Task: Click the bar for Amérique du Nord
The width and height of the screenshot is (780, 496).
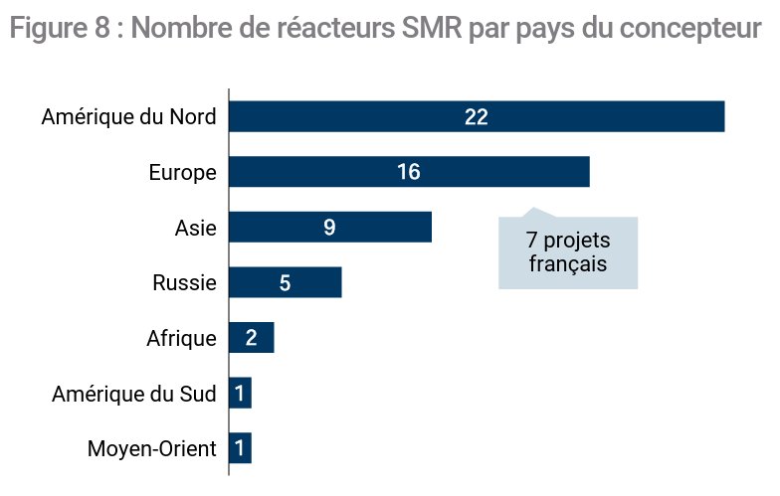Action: point(477,116)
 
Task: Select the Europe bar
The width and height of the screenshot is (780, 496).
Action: point(410,172)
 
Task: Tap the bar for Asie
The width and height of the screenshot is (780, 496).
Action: point(330,227)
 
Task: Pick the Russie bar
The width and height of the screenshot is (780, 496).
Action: point(286,282)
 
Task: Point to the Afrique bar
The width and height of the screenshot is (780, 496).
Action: point(252,338)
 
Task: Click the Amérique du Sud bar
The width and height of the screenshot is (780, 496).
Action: point(241,393)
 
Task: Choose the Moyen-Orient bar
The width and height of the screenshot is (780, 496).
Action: point(241,447)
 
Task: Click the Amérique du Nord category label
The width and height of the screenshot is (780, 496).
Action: point(129,117)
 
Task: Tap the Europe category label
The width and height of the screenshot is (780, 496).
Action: point(183,173)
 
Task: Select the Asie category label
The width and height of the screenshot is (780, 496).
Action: point(195,229)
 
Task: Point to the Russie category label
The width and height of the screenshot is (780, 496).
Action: point(185,282)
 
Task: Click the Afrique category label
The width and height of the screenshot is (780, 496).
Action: point(181,338)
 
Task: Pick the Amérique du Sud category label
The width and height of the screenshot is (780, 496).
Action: point(134,394)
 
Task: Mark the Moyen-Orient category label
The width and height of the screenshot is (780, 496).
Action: point(151,449)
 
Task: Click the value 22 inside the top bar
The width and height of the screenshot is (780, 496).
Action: point(476,117)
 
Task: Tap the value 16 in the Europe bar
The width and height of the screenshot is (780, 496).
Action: point(409,172)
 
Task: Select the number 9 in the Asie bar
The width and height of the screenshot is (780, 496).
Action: point(329,228)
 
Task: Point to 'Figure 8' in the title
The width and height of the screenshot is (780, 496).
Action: point(60,28)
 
